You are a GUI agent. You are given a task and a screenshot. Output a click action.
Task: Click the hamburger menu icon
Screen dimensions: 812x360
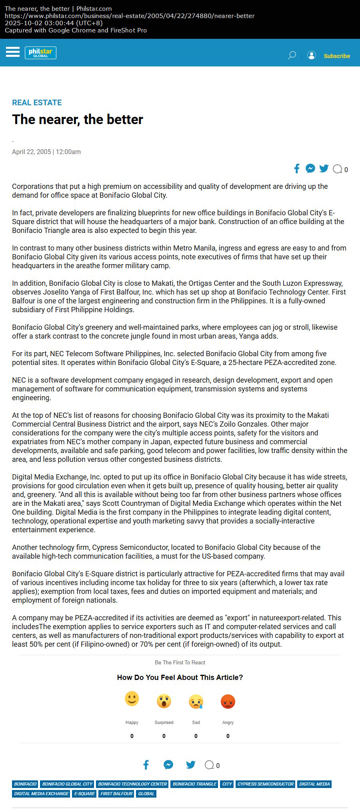pyautogui.click(x=13, y=52)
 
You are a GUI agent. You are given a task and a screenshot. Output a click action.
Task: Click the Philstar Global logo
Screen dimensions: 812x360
pyautogui.click(x=40, y=53)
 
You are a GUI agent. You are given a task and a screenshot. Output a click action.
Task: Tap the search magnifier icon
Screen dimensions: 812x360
pyautogui.click(x=292, y=55)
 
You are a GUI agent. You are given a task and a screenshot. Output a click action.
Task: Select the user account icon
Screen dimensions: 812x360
pyautogui.click(x=312, y=55)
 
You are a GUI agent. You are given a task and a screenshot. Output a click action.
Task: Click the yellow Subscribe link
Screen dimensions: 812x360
pyautogui.click(x=337, y=56)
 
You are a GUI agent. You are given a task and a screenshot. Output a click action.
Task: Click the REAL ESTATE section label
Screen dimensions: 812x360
pyautogui.click(x=37, y=102)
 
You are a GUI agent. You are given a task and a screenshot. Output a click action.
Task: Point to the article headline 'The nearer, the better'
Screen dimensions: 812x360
pyautogui.click(x=78, y=119)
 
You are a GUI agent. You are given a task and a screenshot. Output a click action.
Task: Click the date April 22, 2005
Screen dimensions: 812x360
pyautogui.click(x=32, y=152)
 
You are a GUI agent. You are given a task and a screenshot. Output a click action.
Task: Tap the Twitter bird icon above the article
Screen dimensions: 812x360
pyautogui.click(x=324, y=168)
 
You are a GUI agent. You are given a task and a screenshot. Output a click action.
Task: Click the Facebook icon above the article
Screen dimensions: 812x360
pyautogui.click(x=297, y=168)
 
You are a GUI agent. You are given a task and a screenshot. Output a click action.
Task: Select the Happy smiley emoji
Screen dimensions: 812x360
pyautogui.click(x=132, y=699)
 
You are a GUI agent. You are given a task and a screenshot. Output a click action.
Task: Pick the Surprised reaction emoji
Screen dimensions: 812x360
pyautogui.click(x=164, y=701)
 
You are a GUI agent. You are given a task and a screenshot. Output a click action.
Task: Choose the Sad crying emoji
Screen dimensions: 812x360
pyautogui.click(x=196, y=701)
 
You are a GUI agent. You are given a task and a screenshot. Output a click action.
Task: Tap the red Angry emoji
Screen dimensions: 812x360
pyautogui.click(x=228, y=701)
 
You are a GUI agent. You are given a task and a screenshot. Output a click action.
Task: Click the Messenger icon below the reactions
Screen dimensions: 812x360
pyautogui.click(x=168, y=765)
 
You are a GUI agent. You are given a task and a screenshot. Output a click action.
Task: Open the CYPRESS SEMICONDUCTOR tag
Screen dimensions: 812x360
pyautogui.click(x=266, y=784)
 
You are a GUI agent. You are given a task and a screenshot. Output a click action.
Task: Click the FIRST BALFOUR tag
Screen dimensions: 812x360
pyautogui.click(x=116, y=794)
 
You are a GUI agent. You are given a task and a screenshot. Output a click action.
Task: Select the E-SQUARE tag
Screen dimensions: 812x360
pyautogui.click(x=84, y=794)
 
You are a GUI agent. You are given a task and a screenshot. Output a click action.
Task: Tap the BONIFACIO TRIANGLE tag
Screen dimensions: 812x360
pyautogui.click(x=195, y=784)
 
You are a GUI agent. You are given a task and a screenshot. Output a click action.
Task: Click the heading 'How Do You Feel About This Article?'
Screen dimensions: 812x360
pyautogui.click(x=180, y=677)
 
